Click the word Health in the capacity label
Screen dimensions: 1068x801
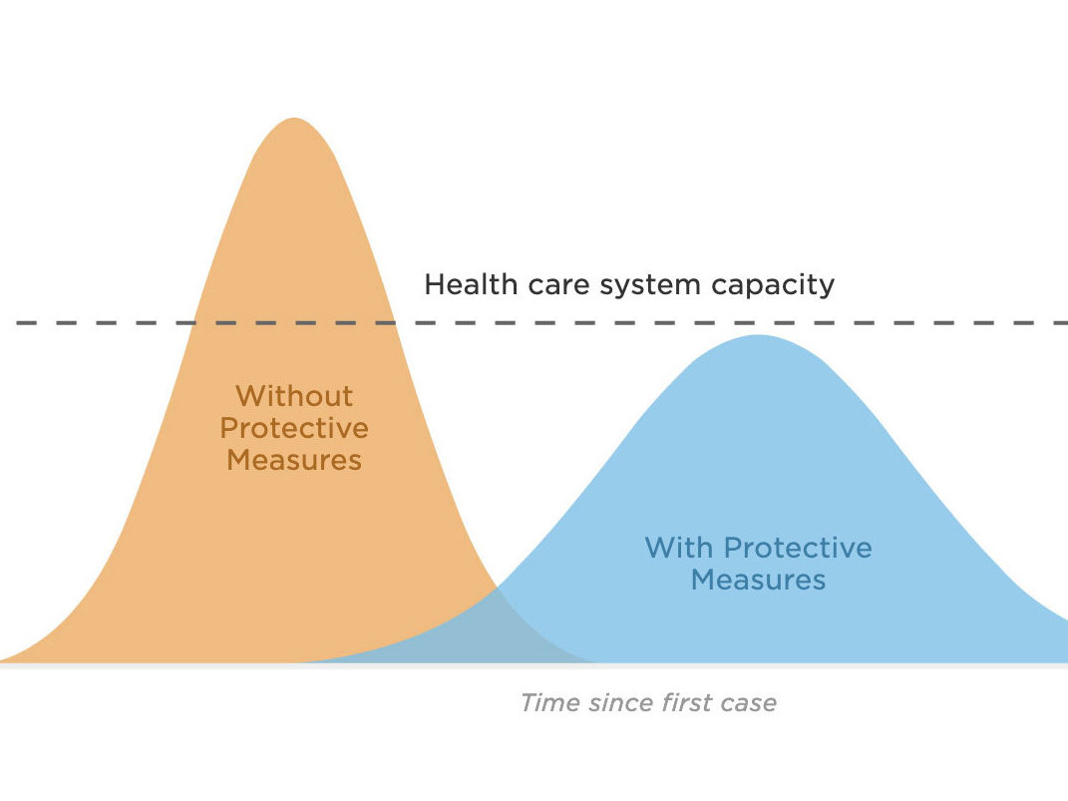point(470,284)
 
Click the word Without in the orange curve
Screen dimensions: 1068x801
point(294,396)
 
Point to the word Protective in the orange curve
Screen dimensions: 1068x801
point(294,428)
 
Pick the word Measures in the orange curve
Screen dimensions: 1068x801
point(294,460)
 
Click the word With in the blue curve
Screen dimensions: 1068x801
point(679,548)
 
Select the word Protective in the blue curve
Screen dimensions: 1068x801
point(798,548)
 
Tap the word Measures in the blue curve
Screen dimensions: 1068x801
point(758,580)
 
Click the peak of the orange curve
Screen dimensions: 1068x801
point(294,119)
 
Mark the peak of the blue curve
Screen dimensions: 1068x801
point(758,336)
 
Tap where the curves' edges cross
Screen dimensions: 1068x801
point(498,587)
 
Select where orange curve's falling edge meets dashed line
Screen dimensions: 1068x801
point(395,323)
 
